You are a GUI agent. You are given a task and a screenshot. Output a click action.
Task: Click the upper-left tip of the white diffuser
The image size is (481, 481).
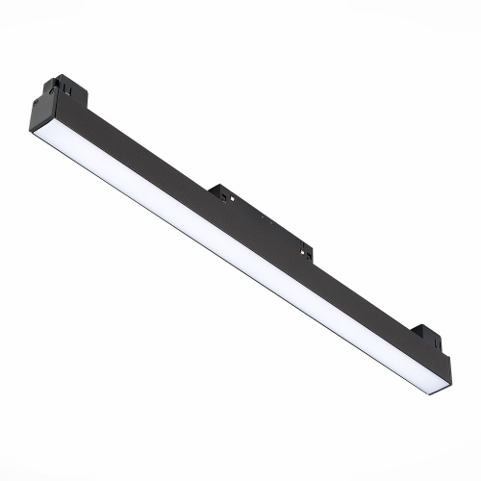35,134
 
